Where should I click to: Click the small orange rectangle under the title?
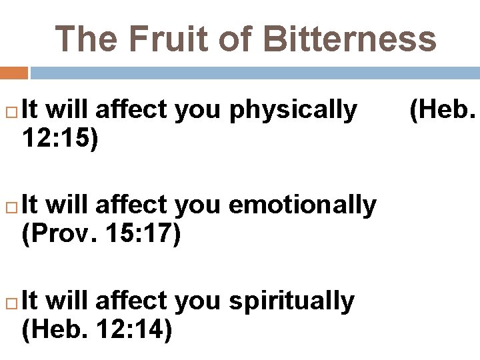tap(14, 73)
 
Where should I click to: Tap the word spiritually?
tap(291, 301)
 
